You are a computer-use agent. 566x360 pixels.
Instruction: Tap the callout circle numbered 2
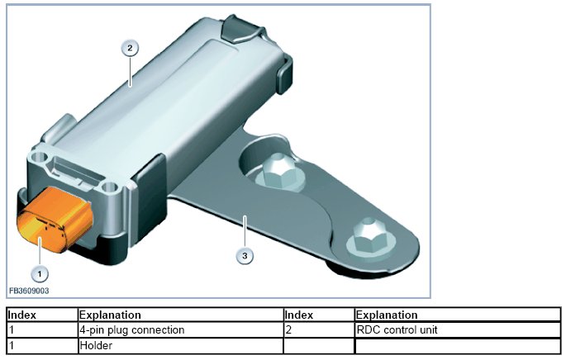(x=129, y=47)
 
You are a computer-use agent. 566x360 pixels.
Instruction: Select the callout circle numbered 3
(x=245, y=255)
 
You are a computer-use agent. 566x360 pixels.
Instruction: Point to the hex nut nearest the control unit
(x=272, y=173)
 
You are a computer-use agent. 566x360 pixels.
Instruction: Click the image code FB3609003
(x=29, y=291)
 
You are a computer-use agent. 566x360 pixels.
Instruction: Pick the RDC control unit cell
(x=397, y=330)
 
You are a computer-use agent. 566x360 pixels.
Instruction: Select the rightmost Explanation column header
(x=387, y=315)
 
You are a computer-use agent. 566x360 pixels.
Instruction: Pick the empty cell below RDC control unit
(x=454, y=346)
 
